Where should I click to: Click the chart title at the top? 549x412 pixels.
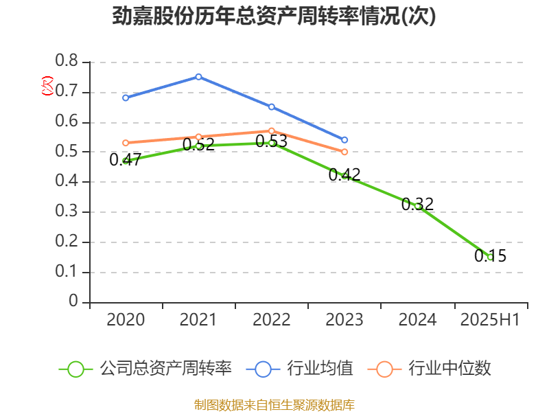click(274, 16)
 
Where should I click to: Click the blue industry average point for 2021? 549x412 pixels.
click(198, 76)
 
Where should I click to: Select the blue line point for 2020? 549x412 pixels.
click(126, 98)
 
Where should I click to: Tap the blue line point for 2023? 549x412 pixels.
click(344, 140)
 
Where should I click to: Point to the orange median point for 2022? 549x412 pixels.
click(272, 130)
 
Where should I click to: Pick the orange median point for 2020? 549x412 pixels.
click(126, 143)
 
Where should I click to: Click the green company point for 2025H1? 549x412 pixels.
click(490, 257)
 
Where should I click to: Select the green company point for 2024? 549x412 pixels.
click(417, 206)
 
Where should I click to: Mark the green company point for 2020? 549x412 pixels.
click(126, 161)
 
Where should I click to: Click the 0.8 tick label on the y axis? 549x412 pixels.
click(67, 62)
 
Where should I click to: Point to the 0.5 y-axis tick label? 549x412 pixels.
click(67, 152)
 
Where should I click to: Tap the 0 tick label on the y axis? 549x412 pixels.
click(73, 302)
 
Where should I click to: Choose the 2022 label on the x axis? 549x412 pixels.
click(272, 320)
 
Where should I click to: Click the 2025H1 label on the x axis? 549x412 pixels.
click(489, 320)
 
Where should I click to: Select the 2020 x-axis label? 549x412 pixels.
click(126, 320)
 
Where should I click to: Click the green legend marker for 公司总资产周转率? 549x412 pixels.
click(75, 369)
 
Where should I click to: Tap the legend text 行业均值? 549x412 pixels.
click(320, 369)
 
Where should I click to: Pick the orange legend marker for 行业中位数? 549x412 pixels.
click(385, 369)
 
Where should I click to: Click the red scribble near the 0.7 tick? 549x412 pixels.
click(47, 86)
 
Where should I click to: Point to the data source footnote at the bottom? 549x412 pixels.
click(274, 404)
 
